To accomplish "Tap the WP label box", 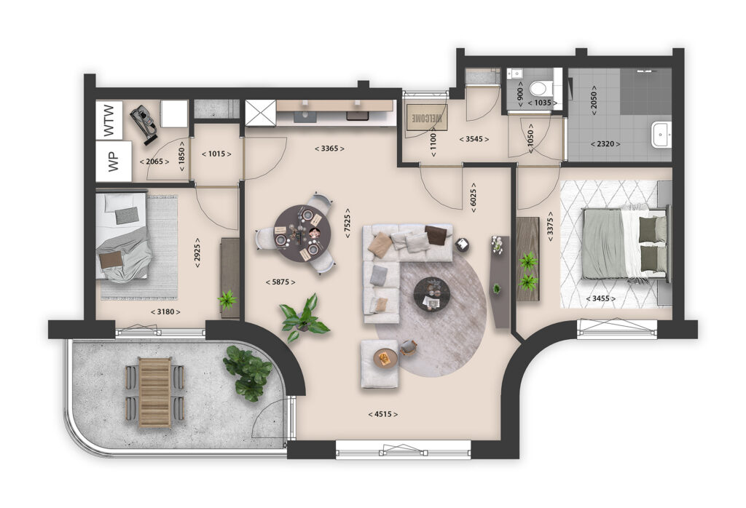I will [x=113, y=162].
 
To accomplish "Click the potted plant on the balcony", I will [x=248, y=372].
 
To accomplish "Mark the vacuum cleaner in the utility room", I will [x=145, y=122].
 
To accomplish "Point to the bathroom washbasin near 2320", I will [x=661, y=135].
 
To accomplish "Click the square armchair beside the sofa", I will [x=380, y=362].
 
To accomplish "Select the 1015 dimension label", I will [x=215, y=154].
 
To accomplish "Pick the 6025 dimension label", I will [x=474, y=197].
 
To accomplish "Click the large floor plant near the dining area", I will [x=304, y=317].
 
